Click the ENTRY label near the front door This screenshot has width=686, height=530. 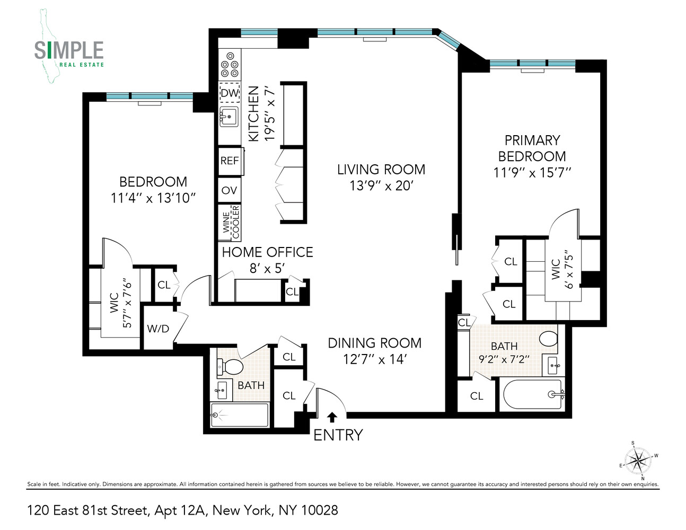338,435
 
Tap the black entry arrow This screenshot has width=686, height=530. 332,417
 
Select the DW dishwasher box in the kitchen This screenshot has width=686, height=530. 230,93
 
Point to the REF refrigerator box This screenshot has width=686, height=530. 230,161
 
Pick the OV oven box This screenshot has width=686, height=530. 229,190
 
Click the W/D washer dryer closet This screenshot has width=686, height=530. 158,329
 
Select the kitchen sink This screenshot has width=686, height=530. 229,117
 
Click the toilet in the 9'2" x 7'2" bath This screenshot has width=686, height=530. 548,338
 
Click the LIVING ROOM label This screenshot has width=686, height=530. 381,170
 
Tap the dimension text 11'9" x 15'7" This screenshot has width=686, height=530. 532,173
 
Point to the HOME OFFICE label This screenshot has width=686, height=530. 267,252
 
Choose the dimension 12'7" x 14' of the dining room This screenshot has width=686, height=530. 374,359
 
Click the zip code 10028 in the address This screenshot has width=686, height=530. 319,510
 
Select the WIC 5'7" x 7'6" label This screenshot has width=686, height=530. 120,303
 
